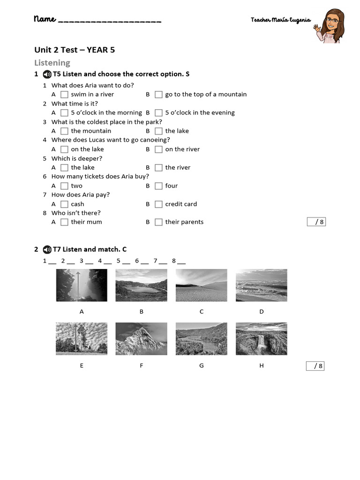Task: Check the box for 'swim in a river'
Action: pyautogui.click(x=64, y=95)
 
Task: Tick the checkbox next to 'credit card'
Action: pyautogui.click(x=158, y=204)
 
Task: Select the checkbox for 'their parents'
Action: pyautogui.click(x=158, y=222)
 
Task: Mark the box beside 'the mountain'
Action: pyautogui.click(x=64, y=131)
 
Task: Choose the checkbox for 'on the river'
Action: pyautogui.click(x=158, y=150)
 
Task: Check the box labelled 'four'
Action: pyautogui.click(x=158, y=186)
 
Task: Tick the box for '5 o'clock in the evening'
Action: pyautogui.click(x=158, y=113)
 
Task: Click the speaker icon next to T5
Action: pyautogui.click(x=47, y=74)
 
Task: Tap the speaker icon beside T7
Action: pyautogui.click(x=47, y=249)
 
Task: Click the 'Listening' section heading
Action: pyautogui.click(x=52, y=63)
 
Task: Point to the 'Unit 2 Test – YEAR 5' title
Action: pyautogui.click(x=75, y=50)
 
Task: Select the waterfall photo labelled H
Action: pyautogui.click(x=261, y=338)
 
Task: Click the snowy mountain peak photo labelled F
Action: pyautogui.click(x=141, y=338)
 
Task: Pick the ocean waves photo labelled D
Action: pyautogui.click(x=261, y=285)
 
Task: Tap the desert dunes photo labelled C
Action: pyautogui.click(x=201, y=285)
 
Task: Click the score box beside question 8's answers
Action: pyautogui.click(x=316, y=222)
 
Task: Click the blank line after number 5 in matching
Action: pyautogui.click(x=127, y=262)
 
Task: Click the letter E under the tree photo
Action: pyautogui.click(x=82, y=365)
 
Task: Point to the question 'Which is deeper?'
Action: pyautogui.click(x=76, y=158)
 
